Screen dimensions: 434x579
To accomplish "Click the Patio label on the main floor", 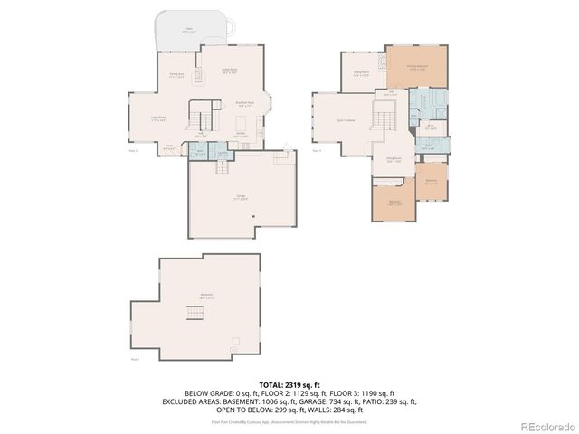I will click(x=189, y=29).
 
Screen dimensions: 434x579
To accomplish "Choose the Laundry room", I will click(x=221, y=154).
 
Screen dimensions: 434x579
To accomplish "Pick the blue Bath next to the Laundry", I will click(x=199, y=154).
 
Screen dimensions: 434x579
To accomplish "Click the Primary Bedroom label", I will click(x=416, y=67).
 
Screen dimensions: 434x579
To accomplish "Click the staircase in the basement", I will click(x=193, y=314).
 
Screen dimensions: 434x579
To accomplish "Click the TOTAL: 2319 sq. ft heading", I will click(x=289, y=384).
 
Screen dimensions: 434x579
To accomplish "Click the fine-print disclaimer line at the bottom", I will click(x=289, y=420).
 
